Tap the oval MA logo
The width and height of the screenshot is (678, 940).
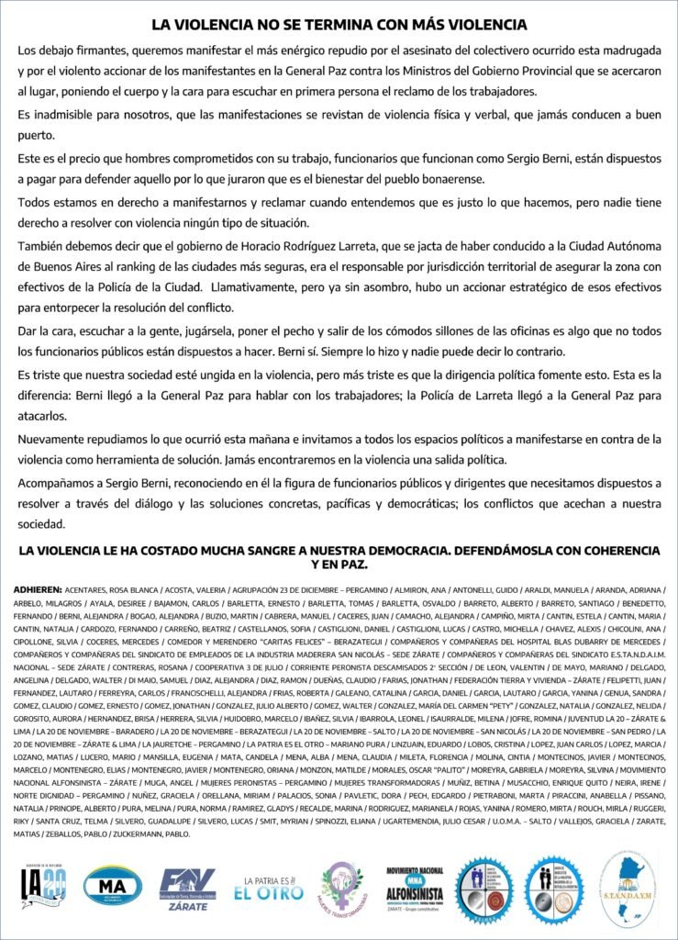(x=112, y=885)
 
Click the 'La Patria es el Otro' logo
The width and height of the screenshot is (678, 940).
(x=267, y=887)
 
